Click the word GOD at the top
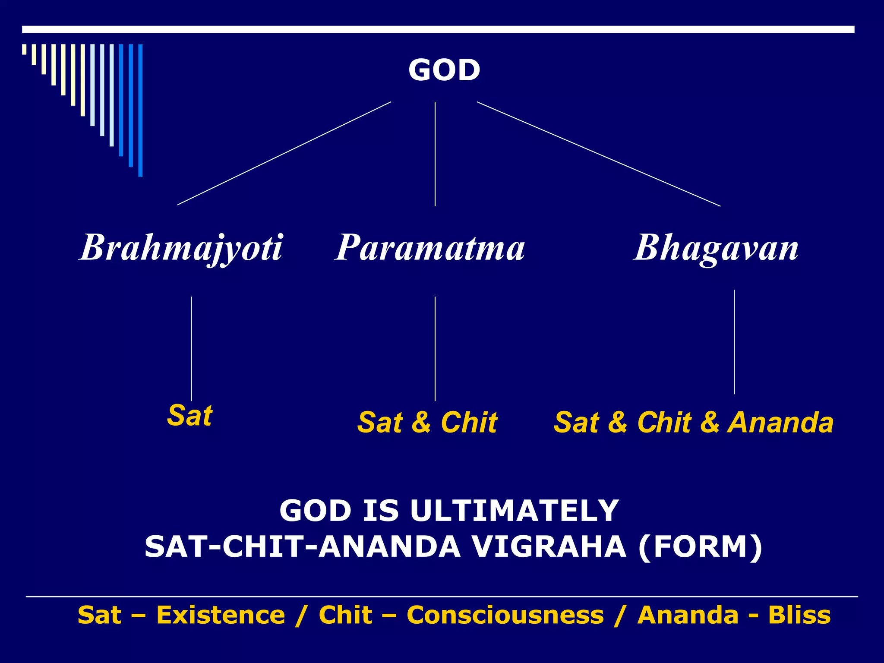[444, 70]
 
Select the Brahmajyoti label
[181, 247]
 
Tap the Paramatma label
[430, 247]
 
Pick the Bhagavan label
[716, 247]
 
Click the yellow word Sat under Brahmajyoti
[189, 415]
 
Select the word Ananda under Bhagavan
[780, 422]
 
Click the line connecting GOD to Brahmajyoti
[284, 153]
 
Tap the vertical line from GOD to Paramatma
[435, 154]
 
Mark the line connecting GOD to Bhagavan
[598, 154]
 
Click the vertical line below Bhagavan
[734, 342]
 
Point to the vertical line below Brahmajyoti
[191, 349]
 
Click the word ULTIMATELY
[514, 511]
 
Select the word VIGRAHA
[548, 547]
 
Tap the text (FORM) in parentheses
[700, 547]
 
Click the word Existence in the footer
[221, 615]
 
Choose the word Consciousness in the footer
[505, 615]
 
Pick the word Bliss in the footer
[799, 615]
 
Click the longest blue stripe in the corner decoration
[140, 110]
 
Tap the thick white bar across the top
[438, 29]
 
